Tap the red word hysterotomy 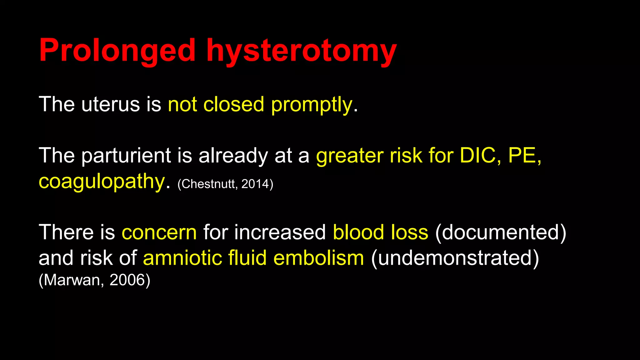point(302,52)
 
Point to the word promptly point(312,105)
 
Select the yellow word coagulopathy point(102,182)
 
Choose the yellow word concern point(159,232)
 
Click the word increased point(280,232)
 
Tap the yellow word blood point(358,232)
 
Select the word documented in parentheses point(500,232)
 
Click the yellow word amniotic point(182,258)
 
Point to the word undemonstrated point(455,258)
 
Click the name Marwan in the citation point(72,280)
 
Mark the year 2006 point(127,280)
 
